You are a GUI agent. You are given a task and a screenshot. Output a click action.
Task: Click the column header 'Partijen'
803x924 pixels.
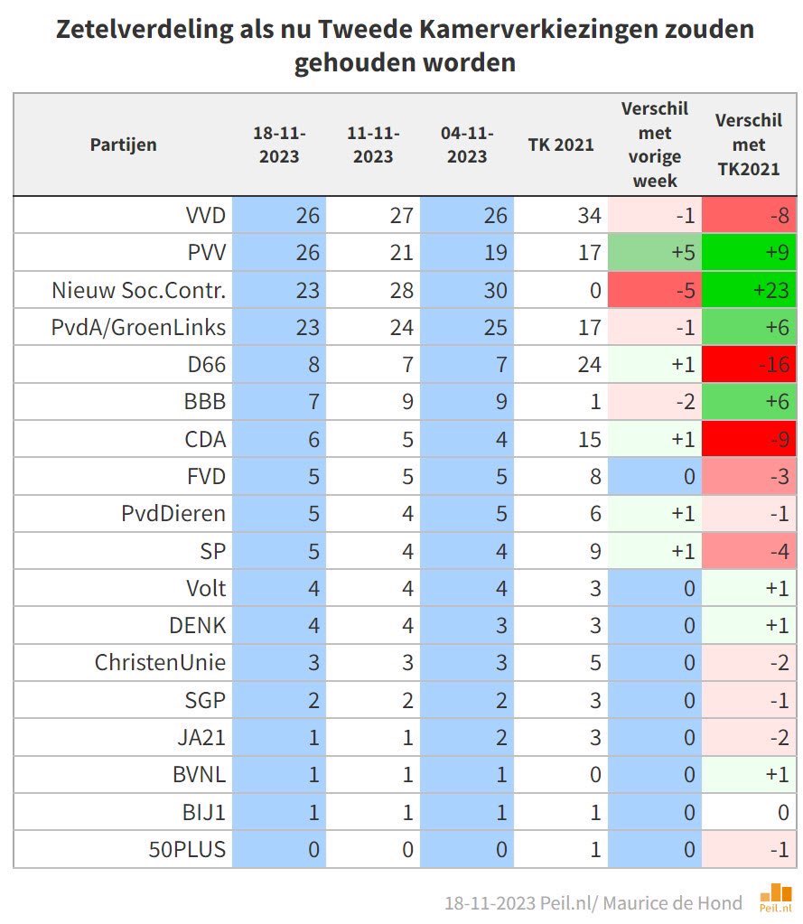123,145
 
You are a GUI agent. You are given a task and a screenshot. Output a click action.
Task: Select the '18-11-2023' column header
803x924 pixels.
279,145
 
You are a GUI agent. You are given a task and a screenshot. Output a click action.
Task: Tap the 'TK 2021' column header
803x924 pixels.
561,145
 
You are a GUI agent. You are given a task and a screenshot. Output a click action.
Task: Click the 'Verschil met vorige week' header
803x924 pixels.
655,145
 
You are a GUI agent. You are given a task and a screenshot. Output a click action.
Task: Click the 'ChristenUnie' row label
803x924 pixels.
160,662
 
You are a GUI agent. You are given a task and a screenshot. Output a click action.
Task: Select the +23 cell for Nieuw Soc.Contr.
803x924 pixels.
749,290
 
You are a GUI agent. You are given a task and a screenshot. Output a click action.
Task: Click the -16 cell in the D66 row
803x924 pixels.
749,365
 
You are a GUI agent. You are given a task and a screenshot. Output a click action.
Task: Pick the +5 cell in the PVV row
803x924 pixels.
655,252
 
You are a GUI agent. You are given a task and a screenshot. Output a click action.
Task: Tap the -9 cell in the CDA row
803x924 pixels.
749,439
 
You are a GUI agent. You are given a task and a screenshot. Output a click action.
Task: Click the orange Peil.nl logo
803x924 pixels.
774,897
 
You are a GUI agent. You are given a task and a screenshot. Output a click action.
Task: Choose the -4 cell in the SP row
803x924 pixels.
749,551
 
